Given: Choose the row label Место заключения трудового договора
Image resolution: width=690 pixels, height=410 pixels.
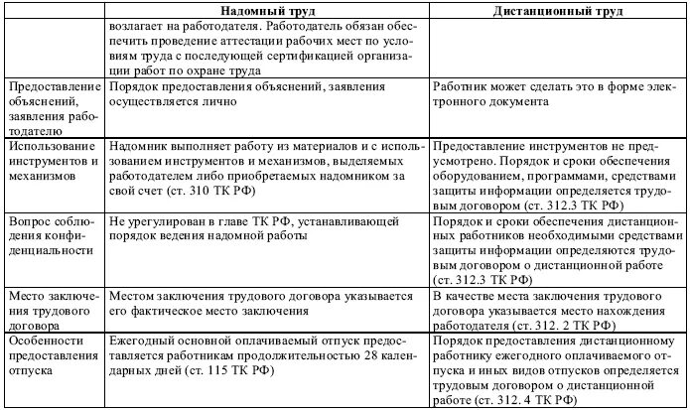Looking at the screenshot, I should click(x=51, y=308).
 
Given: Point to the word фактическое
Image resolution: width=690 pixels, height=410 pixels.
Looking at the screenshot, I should click(x=177, y=309).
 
